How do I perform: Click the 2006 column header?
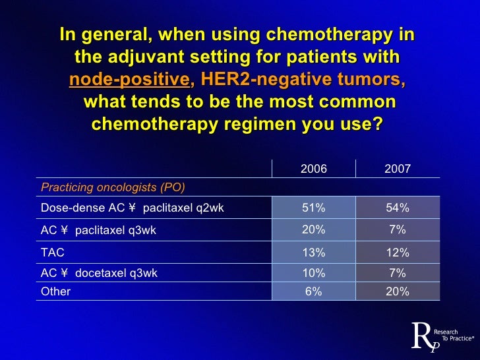(313, 169)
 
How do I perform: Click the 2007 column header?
(397, 169)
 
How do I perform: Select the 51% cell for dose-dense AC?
(313, 208)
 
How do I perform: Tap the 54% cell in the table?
(397, 208)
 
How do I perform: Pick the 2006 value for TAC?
(313, 253)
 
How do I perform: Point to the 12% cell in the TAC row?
(397, 253)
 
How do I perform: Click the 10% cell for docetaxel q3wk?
(313, 273)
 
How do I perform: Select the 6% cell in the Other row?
(313, 291)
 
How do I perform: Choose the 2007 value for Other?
(397, 291)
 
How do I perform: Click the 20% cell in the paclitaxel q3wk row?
(313, 229)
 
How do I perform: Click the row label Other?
(55, 291)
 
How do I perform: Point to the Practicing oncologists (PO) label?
(113, 187)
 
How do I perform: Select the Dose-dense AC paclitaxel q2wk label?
(132, 208)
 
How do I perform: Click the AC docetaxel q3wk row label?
(99, 273)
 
